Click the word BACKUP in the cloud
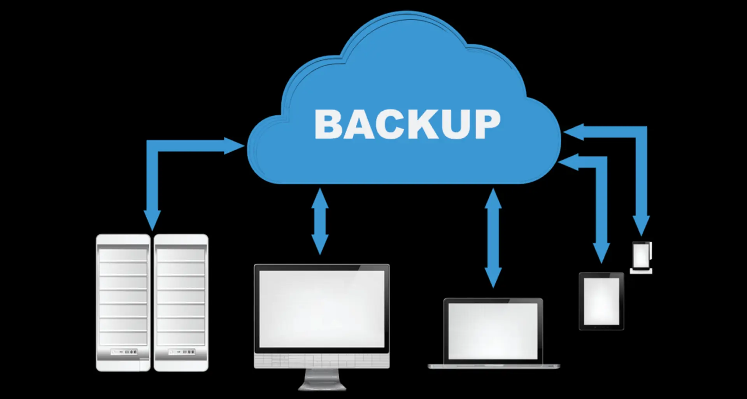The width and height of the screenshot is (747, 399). click(x=407, y=124)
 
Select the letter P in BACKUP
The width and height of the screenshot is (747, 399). click(x=487, y=124)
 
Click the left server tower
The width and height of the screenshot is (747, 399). click(x=123, y=302)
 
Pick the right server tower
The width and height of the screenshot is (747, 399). click(x=181, y=302)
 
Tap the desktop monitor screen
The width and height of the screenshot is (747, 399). click(x=321, y=308)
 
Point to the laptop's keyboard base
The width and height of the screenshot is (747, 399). click(x=493, y=366)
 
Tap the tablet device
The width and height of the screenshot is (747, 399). click(x=601, y=301)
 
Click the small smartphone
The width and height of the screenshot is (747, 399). click(x=641, y=256)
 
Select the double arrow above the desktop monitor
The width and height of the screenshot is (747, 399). click(x=320, y=221)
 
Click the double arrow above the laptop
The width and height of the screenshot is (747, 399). click(x=493, y=238)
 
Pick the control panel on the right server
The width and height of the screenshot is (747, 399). click(x=181, y=352)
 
